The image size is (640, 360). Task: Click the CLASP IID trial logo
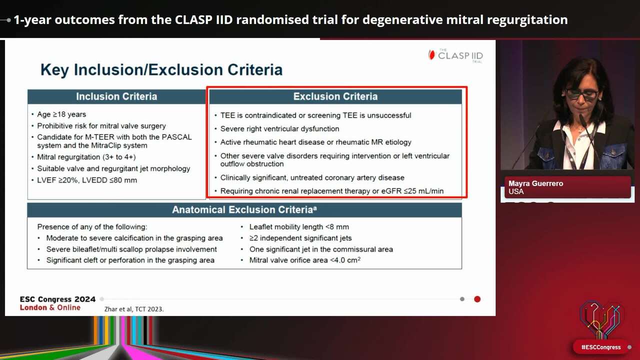(x=455, y=55)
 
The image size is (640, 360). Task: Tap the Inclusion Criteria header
(x=116, y=96)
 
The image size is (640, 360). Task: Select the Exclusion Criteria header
(x=335, y=96)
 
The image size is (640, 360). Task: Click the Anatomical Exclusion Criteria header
(x=244, y=210)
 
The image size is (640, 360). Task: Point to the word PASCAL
(x=177, y=137)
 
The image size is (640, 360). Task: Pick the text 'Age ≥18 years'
(x=61, y=114)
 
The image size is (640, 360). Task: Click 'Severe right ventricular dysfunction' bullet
(x=279, y=129)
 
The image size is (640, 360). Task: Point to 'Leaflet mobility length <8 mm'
(x=299, y=227)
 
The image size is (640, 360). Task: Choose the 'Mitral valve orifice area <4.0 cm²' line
(x=305, y=260)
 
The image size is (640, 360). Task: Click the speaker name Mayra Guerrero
(x=535, y=183)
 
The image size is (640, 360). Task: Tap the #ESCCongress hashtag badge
(x=601, y=347)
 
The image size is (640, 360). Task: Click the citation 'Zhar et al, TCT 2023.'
(x=134, y=309)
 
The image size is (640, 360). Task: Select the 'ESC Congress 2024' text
(x=57, y=299)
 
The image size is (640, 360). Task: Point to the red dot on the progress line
(x=477, y=299)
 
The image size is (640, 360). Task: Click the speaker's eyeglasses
(x=581, y=94)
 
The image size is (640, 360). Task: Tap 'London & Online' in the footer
(x=50, y=307)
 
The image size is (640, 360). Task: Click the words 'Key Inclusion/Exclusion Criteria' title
(x=161, y=70)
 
